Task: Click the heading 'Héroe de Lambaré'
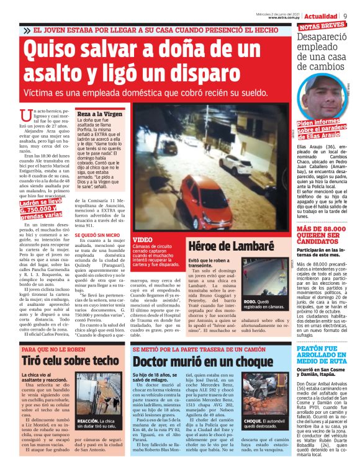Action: coord(222,246)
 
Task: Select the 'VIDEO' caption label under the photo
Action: coord(142,239)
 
